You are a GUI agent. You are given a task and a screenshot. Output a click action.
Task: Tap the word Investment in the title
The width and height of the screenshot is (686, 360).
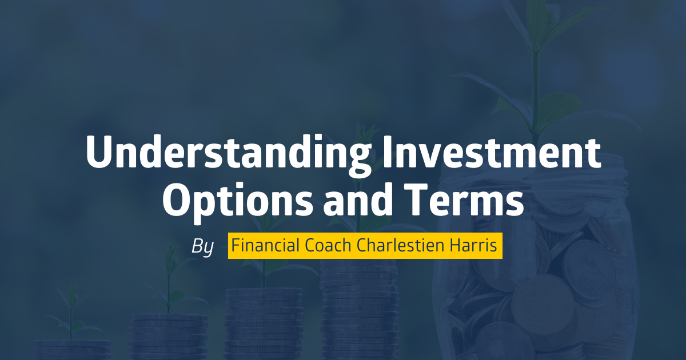click(x=492, y=152)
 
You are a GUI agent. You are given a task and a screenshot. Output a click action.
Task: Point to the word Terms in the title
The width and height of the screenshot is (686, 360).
click(x=464, y=199)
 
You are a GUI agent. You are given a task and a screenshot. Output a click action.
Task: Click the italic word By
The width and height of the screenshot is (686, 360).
click(x=202, y=246)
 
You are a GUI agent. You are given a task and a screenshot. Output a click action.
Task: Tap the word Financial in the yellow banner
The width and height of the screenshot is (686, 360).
click(x=265, y=245)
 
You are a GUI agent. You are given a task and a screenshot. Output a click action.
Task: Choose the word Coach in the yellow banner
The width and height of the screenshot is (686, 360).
click(x=328, y=245)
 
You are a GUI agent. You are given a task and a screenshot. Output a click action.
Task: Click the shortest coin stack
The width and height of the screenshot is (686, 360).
click(x=72, y=350)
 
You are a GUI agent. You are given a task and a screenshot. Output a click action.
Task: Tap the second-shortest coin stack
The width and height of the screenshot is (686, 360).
click(x=169, y=337)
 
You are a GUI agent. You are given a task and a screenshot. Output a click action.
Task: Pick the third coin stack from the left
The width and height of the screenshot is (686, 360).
click(x=264, y=324)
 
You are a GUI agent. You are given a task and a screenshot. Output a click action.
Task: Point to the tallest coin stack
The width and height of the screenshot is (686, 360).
click(x=359, y=310)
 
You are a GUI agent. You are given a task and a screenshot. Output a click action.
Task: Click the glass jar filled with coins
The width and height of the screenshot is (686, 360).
click(x=536, y=260)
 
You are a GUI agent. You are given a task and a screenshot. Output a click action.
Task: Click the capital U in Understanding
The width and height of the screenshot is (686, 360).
click(x=98, y=152)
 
